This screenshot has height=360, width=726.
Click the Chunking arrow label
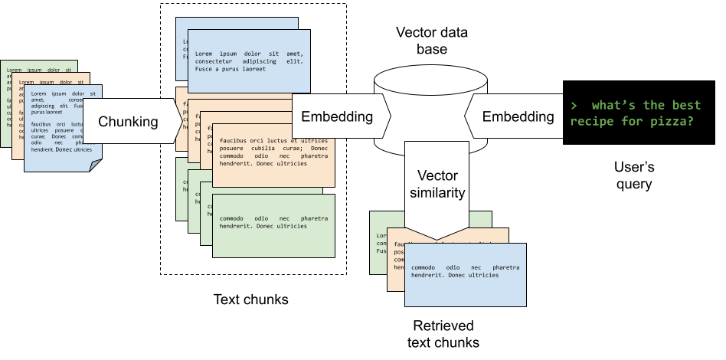click(128, 121)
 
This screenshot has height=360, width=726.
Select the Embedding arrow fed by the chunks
click(337, 117)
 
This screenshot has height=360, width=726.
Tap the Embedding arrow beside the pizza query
click(518, 116)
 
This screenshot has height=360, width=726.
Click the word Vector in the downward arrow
click(437, 175)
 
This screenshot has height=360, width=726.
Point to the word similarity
click(437, 192)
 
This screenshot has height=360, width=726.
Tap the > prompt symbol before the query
click(574, 105)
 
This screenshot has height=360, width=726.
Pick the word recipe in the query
click(592, 120)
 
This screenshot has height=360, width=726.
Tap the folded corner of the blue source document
click(95, 165)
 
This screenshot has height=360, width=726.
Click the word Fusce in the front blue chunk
click(205, 69)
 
